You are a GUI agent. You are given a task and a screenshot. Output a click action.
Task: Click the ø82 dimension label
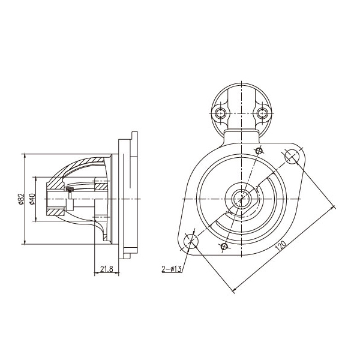[x=21, y=199]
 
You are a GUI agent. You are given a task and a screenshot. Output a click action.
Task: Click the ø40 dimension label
[x=32, y=199]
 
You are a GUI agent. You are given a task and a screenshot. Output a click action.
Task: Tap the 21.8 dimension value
[x=107, y=269]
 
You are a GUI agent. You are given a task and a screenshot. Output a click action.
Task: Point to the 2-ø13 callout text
[x=172, y=269]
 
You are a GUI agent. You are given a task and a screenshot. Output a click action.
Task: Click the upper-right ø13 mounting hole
[x=292, y=156]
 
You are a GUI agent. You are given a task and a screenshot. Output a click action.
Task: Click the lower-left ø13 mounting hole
[x=191, y=241]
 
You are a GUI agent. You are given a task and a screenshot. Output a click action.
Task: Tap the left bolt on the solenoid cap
[x=221, y=113]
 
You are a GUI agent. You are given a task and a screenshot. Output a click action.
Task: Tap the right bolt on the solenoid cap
[x=262, y=113]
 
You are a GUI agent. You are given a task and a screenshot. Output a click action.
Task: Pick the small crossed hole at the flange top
[x=259, y=151]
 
